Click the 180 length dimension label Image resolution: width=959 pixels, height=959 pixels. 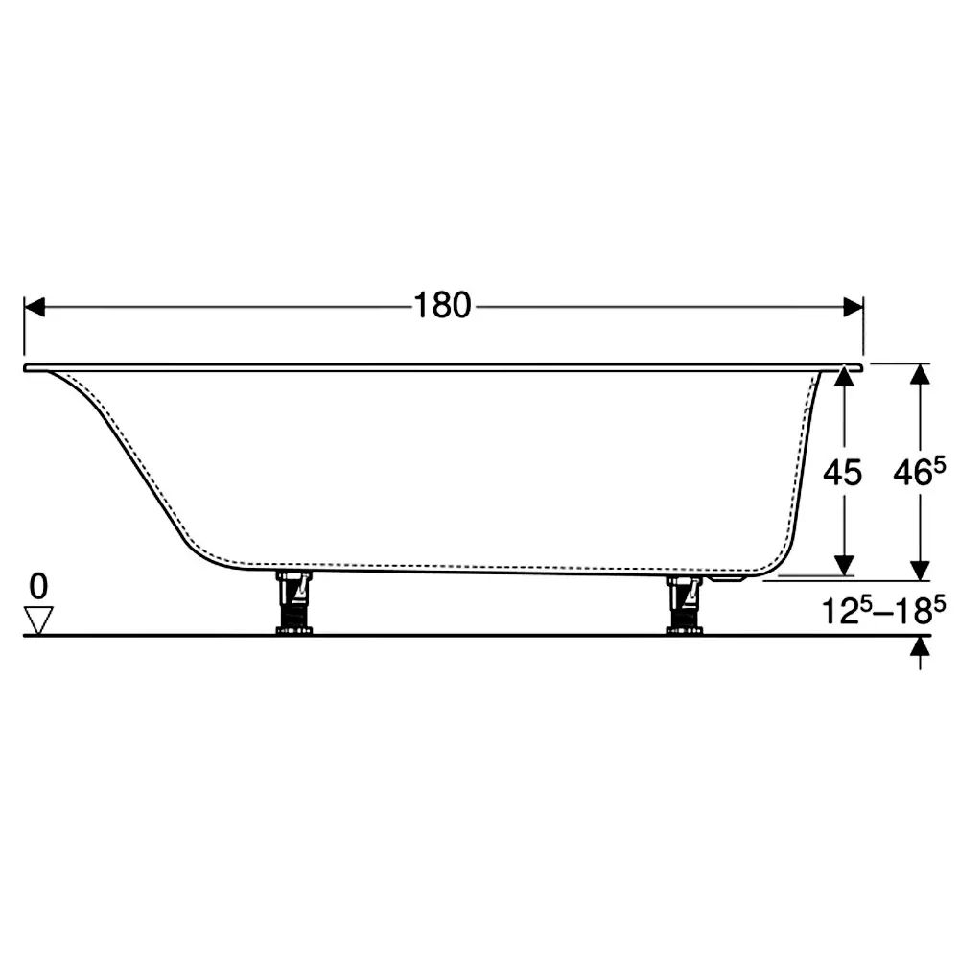pyautogui.click(x=443, y=305)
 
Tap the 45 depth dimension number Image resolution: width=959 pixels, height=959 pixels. pyautogui.click(x=842, y=473)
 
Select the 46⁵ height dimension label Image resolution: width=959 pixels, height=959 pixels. pyautogui.click(x=920, y=472)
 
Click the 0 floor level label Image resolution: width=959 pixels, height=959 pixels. pyautogui.click(x=38, y=587)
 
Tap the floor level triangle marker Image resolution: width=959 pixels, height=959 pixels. pyautogui.click(x=38, y=620)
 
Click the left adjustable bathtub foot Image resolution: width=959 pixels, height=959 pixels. pyautogui.click(x=294, y=602)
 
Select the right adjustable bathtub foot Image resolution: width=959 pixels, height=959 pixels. pyautogui.click(x=685, y=603)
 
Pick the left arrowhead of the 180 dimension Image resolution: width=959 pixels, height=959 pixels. pyautogui.click(x=35, y=307)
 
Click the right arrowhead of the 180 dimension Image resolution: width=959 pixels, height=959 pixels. pyautogui.click(x=854, y=307)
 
